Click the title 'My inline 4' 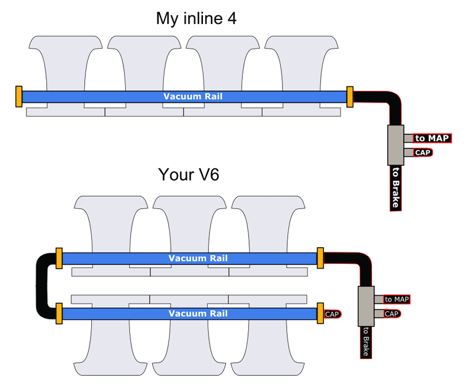pyautogui.click(x=196, y=19)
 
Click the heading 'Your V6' pyautogui.click(x=188, y=175)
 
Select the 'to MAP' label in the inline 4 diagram pyautogui.click(x=432, y=138)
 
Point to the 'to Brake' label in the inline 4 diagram pyautogui.click(x=395, y=188)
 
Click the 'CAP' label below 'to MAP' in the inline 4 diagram pyautogui.click(x=423, y=153)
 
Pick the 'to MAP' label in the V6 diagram pyautogui.click(x=397, y=300)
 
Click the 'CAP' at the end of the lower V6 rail pyautogui.click(x=332, y=314)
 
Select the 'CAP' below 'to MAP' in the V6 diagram pyautogui.click(x=393, y=314)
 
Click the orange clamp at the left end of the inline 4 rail pyautogui.click(x=19, y=97)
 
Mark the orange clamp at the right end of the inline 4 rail pyautogui.click(x=350, y=97)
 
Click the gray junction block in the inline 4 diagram pyautogui.click(x=396, y=145)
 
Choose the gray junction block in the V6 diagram pyautogui.click(x=366, y=306)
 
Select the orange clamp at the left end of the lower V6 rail pyautogui.click(x=59, y=314)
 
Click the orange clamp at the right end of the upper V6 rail pyautogui.click(x=320, y=258)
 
